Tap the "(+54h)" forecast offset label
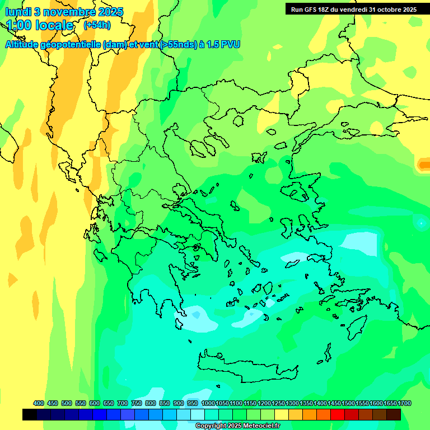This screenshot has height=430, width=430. tap(97, 25)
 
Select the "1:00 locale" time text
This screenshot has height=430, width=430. tap(40, 26)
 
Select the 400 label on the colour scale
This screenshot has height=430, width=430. tap(39, 403)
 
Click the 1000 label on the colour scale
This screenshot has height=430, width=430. tap(208, 403)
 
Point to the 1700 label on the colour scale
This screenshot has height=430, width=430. tap(404, 403)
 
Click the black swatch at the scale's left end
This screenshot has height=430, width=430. tap(30, 414)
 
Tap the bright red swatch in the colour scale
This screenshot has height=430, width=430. tap(338, 414)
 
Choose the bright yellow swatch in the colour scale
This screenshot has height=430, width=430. tap(282, 414)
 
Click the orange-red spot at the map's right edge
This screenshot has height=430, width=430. tap(424, 164)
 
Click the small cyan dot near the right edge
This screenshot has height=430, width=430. tap(420, 223)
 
